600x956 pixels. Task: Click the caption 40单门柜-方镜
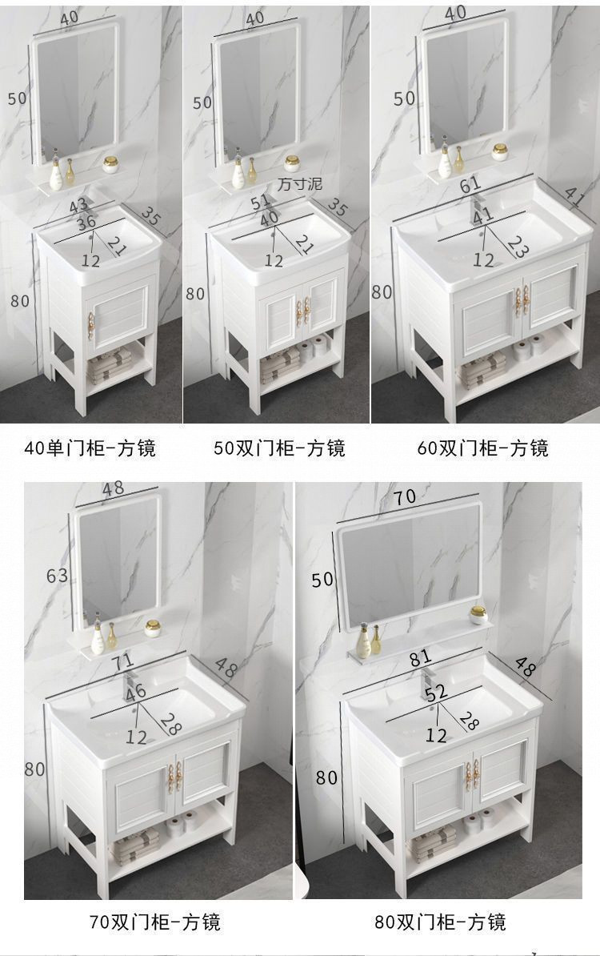click(90, 448)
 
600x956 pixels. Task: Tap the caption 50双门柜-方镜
click(279, 448)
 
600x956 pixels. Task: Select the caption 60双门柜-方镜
click(483, 448)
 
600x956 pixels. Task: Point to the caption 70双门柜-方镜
click(154, 922)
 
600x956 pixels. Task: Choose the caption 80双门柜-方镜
click(440, 922)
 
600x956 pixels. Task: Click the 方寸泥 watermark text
click(299, 184)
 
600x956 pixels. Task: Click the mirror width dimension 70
click(405, 496)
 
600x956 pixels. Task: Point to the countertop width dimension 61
click(472, 186)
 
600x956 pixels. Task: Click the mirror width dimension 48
click(113, 488)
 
